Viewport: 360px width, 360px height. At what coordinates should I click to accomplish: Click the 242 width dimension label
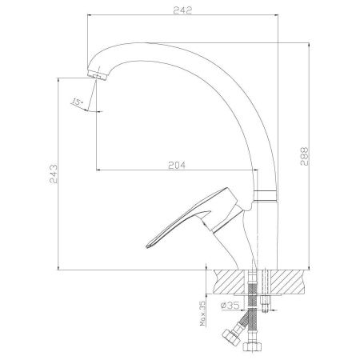(182, 10)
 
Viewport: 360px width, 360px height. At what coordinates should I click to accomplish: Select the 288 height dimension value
(304, 156)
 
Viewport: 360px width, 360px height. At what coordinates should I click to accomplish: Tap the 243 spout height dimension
(54, 174)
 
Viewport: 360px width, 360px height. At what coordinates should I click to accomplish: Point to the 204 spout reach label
(177, 166)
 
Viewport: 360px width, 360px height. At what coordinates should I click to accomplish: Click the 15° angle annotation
(78, 102)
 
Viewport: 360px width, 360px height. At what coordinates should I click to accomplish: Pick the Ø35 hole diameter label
(230, 306)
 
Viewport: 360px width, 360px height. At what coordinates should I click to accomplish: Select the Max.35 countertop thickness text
(203, 314)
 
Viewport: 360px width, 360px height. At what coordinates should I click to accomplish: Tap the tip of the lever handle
(147, 246)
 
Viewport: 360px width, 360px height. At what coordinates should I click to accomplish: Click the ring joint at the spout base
(266, 196)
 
